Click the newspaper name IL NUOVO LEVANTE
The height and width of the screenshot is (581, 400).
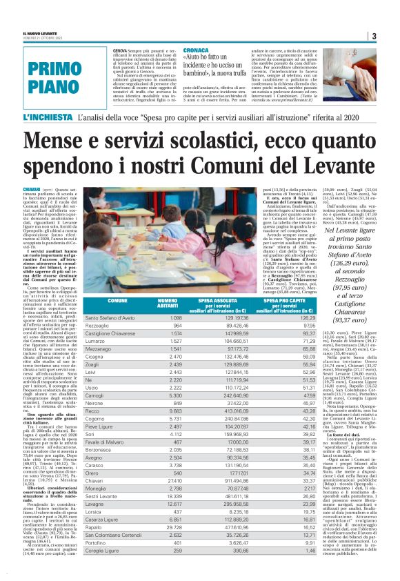pos(41,33)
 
